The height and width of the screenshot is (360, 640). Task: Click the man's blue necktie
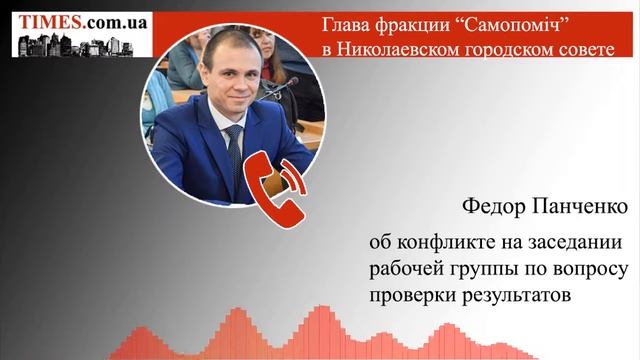click(235, 150)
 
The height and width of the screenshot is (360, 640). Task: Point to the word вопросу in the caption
click(589, 271)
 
